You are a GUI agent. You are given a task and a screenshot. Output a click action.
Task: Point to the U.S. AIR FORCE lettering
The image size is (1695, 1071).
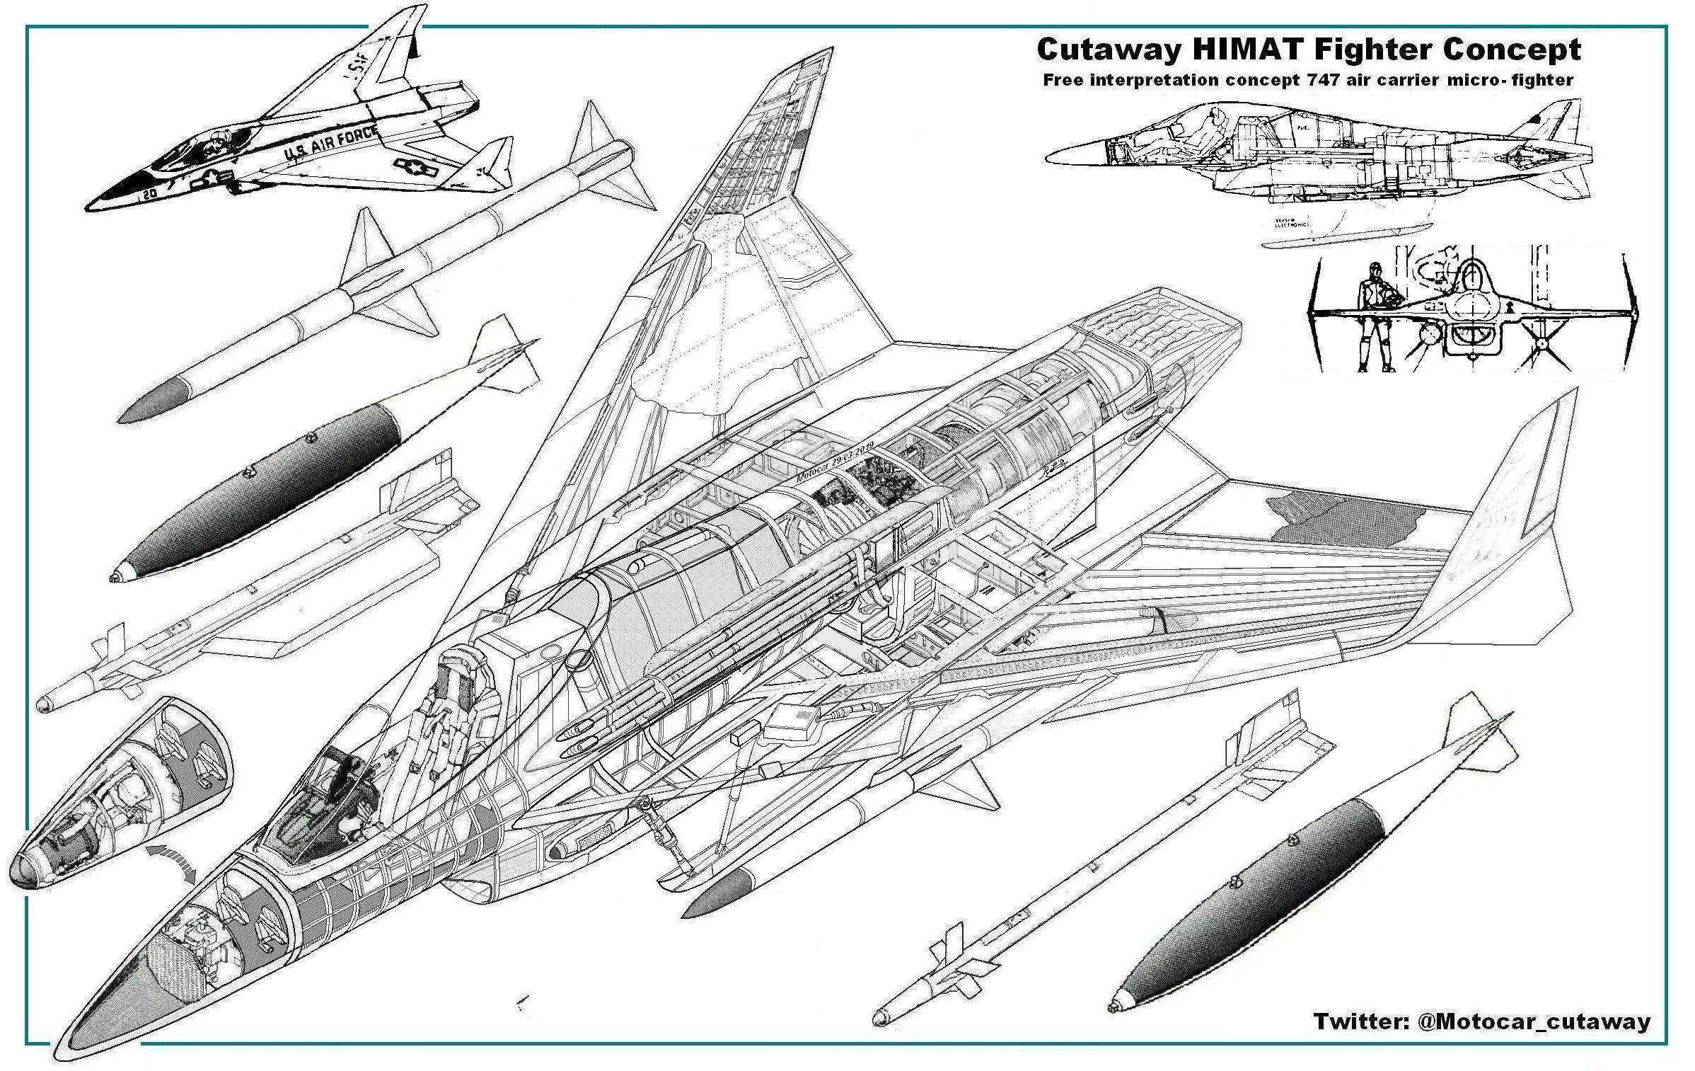tap(330, 145)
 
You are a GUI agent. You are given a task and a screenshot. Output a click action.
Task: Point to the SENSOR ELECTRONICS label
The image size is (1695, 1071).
tap(1292, 224)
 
